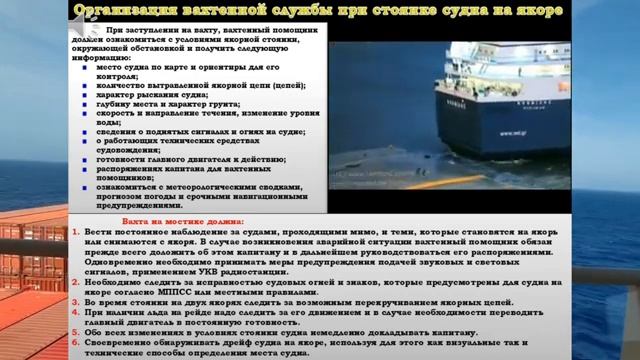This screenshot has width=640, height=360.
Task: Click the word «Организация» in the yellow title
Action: point(118,11)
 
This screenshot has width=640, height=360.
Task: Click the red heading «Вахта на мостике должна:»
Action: point(169,218)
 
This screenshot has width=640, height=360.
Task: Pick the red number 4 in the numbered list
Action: point(77,311)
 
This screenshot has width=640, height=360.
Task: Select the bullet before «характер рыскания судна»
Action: point(87,94)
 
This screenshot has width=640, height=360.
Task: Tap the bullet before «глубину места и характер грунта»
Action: point(87,103)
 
